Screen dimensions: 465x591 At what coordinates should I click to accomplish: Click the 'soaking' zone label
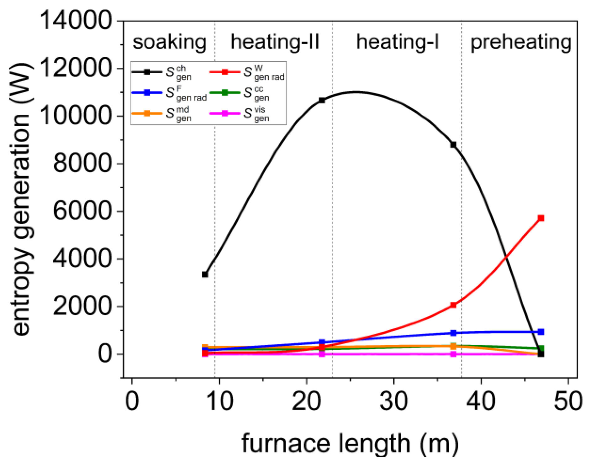pyautogui.click(x=169, y=42)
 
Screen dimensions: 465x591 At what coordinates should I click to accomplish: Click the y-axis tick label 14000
pyautogui.click(x=76, y=21)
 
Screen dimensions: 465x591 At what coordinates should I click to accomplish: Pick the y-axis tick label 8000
pyautogui.click(x=82, y=164)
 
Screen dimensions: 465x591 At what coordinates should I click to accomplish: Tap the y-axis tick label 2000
pyautogui.click(x=82, y=306)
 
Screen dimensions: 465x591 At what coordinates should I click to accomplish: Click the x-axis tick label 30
pyautogui.click(x=393, y=401)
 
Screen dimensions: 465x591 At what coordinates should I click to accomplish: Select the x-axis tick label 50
pyautogui.click(x=568, y=401)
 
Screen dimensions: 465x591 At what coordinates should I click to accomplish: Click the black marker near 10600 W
pyautogui.click(x=322, y=100)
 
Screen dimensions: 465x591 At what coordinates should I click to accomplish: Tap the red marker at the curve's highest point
pyautogui.click(x=541, y=218)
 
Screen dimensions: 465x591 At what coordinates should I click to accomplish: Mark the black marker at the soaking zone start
pyautogui.click(x=205, y=274)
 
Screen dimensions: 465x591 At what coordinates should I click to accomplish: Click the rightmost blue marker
pyautogui.click(x=541, y=332)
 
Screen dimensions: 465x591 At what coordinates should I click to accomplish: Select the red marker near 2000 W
pyautogui.click(x=453, y=305)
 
